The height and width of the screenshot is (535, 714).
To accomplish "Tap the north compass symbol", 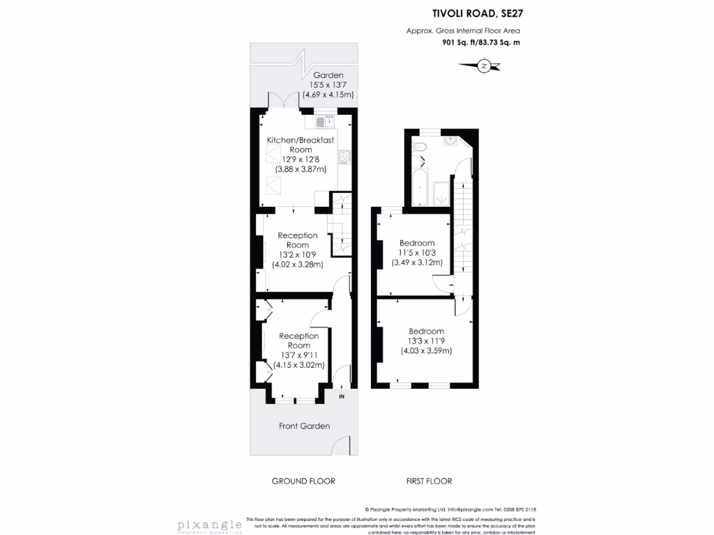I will click(483, 66).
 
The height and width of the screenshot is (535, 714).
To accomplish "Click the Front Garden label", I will click(304, 426).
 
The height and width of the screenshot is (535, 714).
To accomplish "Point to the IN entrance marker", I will click(342, 397).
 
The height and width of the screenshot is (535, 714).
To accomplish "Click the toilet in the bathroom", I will click(420, 148).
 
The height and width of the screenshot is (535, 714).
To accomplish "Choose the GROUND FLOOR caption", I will click(303, 481).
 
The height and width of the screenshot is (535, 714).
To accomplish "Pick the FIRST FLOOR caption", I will click(429, 481).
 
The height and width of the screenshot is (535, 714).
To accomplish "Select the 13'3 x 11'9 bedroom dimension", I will click(426, 341).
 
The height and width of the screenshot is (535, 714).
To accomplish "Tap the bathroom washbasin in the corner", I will click(451, 140).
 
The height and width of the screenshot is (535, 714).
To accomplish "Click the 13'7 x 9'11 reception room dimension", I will click(299, 355).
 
